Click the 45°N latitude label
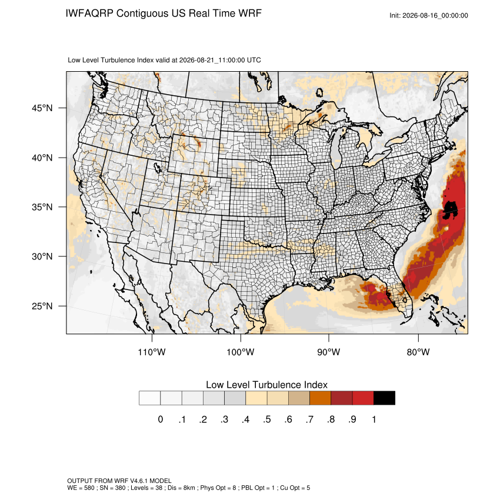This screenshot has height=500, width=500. tap(42, 108)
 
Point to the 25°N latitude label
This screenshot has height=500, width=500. tap(42, 306)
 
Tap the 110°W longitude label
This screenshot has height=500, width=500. tap(152, 352)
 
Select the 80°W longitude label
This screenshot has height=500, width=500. tap(418, 352)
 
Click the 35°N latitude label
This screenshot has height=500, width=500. tap(42, 207)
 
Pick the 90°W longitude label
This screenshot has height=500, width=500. tap(328, 352)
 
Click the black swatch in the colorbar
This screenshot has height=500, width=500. tap(384, 398)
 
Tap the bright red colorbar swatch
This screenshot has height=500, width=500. tap(363, 398)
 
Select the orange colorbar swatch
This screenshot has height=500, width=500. tap(320, 398)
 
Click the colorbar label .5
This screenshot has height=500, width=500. tap(267, 419)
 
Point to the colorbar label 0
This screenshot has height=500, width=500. tap(161, 419)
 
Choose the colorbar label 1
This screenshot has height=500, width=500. tap(374, 419)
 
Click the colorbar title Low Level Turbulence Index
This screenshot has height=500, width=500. tap(266, 385)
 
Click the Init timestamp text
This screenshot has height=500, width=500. tap(429, 15)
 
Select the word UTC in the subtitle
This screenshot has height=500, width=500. tap(254, 60)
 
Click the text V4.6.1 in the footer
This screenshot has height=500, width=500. tap(139, 481)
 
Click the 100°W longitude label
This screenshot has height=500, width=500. tap(240, 352)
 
